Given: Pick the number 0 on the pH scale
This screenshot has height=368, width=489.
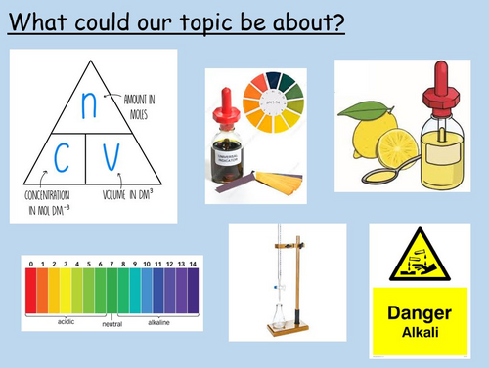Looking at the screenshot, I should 31,263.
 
